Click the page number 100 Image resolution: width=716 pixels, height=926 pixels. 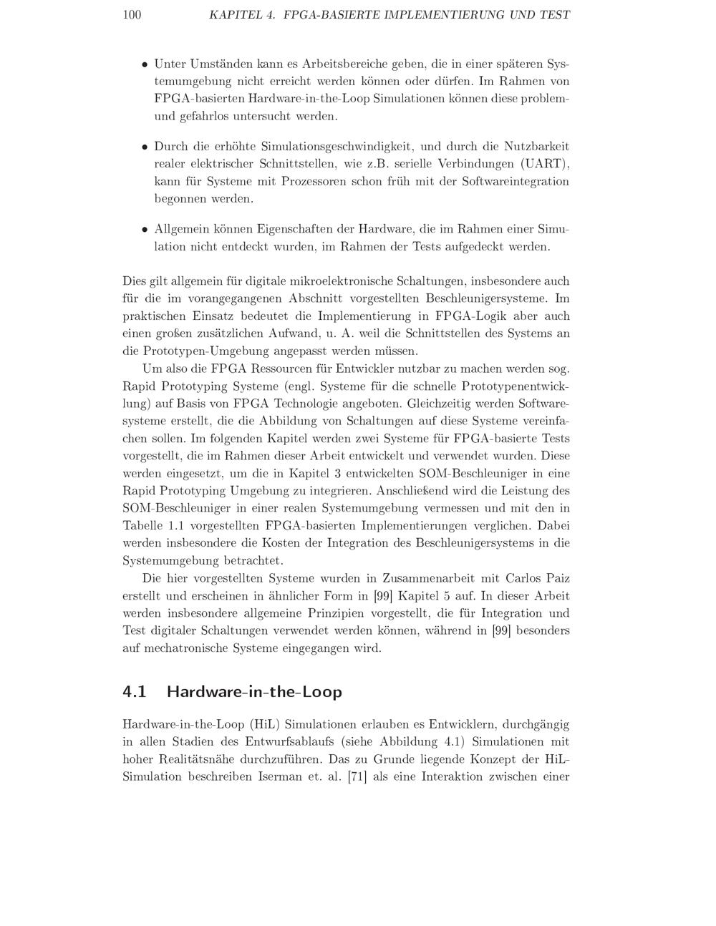tap(132, 15)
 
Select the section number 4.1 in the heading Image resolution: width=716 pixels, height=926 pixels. tap(135, 692)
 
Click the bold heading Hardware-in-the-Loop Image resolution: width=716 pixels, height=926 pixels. tap(254, 692)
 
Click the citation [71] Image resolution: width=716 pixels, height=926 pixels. tap(357, 777)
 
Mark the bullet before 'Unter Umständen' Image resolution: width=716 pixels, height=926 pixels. tap(145, 64)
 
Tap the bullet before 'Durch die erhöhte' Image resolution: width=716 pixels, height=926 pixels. tap(145, 147)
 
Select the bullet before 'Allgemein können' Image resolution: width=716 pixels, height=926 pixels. tap(145, 230)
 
